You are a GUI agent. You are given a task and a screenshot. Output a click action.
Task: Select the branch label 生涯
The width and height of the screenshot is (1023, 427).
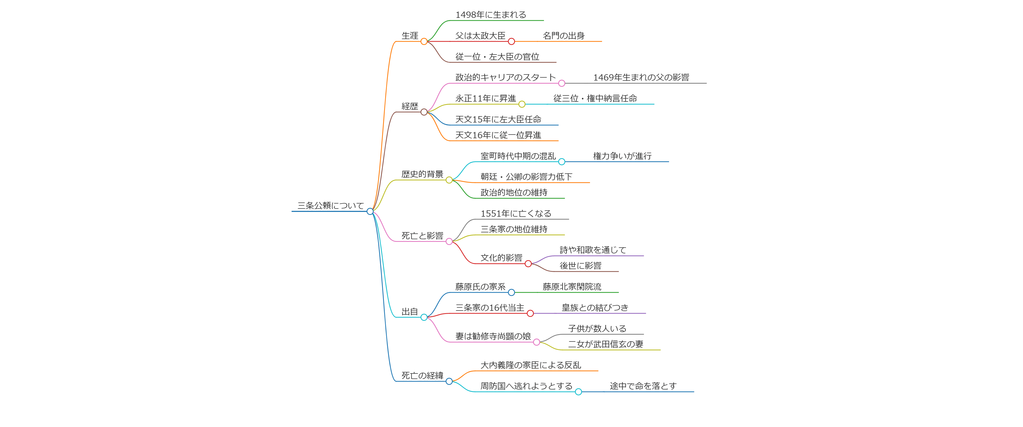[x=410, y=36]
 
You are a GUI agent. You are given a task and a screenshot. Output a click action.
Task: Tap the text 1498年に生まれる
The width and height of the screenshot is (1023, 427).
[x=490, y=15]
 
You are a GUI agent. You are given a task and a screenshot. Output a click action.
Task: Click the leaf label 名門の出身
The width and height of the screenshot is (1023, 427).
[x=563, y=36]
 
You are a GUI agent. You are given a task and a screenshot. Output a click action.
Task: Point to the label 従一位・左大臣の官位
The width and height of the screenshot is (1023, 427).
[x=497, y=57]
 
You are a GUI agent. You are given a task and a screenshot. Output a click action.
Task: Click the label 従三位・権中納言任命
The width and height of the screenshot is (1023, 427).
[x=595, y=98]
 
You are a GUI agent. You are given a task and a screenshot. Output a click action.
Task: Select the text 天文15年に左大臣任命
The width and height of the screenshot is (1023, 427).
[x=498, y=119]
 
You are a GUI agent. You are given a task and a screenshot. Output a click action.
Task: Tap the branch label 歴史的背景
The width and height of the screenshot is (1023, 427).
[x=422, y=174]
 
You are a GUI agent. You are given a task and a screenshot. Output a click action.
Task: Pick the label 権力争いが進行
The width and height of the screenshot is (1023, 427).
[x=622, y=156]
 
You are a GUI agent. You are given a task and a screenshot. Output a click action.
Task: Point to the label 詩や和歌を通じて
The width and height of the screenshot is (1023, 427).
[x=593, y=250]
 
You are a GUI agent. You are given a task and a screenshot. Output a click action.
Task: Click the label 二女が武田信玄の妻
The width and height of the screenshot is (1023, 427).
[x=605, y=344]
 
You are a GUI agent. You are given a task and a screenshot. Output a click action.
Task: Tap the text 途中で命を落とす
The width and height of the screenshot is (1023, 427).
[x=643, y=386]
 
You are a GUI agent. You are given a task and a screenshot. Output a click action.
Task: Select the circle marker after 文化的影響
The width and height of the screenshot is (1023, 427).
[x=528, y=264]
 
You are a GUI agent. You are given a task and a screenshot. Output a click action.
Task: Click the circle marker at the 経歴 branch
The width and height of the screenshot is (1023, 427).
[x=424, y=112]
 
